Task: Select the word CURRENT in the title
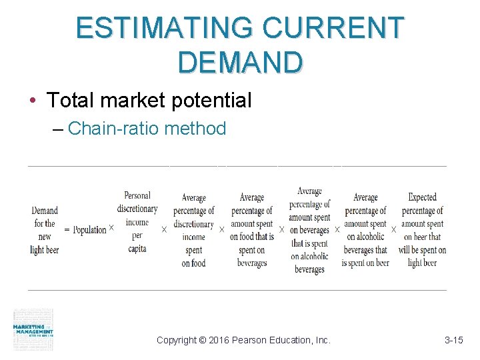click(333, 27)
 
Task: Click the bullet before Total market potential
click(33, 101)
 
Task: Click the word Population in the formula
click(89, 230)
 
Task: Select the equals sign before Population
click(67, 230)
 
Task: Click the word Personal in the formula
click(137, 195)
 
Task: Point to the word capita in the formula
click(137, 249)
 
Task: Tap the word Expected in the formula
click(422, 197)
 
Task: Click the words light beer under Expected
click(422, 263)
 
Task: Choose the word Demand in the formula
click(45, 211)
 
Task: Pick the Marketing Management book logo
click(33, 329)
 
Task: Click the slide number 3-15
click(453, 340)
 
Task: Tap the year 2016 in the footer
click(219, 340)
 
